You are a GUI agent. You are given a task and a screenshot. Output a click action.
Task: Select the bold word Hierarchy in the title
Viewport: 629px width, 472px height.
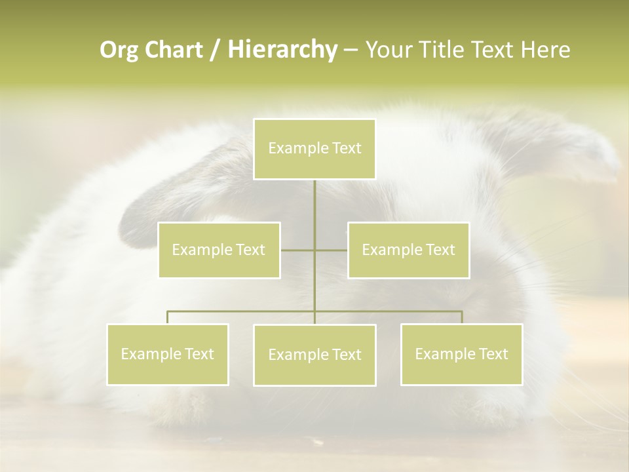(282, 50)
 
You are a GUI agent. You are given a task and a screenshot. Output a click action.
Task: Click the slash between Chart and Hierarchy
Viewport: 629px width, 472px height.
(215, 50)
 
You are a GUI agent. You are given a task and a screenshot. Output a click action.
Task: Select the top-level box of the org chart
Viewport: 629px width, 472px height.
(314, 149)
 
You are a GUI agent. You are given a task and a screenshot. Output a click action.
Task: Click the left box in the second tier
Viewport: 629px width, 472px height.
(219, 250)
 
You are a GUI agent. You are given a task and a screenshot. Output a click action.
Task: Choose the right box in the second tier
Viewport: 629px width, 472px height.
(408, 250)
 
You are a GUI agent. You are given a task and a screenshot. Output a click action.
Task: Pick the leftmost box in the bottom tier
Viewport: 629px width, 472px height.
(168, 354)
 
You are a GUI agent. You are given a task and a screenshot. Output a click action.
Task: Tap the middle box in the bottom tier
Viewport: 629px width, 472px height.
(314, 355)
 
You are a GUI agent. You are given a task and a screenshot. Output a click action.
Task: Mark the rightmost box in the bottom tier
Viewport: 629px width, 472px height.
(461, 354)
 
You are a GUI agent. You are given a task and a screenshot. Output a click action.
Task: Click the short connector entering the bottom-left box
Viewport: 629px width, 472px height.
(168, 317)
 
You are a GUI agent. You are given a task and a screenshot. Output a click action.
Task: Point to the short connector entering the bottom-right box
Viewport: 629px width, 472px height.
(461, 317)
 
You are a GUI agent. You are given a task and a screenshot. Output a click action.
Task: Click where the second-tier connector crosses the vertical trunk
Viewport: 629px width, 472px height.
(314, 250)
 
